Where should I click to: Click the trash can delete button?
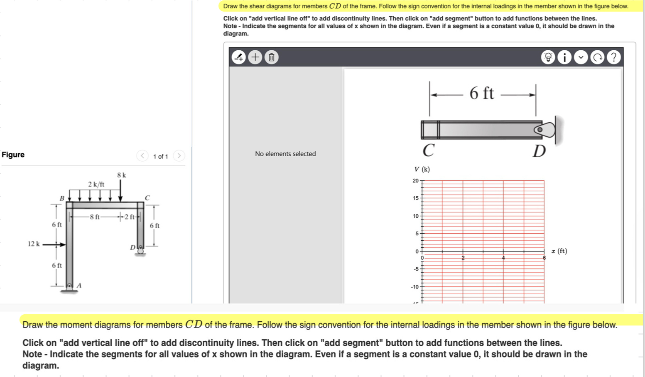pos(271,57)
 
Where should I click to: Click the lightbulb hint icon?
pos(548,57)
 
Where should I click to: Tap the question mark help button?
pos(613,57)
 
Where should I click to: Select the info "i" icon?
pos(564,57)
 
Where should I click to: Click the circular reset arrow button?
pos(597,57)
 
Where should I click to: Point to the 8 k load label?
pos(121,175)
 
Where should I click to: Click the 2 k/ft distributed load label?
pos(96,184)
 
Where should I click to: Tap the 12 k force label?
pos(34,244)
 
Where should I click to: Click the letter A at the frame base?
pos(79,285)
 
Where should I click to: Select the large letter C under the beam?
pos(429,150)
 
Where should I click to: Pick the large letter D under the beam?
pos(539,151)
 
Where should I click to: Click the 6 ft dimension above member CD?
pos(482,93)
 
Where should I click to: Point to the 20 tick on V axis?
pos(415,180)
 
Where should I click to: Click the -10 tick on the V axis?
pos(414,287)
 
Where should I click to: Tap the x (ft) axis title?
pos(559,251)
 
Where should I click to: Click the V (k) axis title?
pos(422,169)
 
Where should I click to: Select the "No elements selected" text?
pos(285,154)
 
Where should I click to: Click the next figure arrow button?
pos(179,156)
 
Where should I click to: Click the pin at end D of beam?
pos(540,130)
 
